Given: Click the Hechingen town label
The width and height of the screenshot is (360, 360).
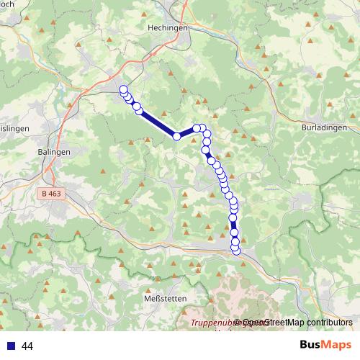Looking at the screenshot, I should click(x=167, y=27).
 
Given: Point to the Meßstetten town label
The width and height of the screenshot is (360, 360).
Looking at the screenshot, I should click(x=166, y=298).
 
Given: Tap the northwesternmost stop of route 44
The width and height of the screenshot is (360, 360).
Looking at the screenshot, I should click(x=123, y=90).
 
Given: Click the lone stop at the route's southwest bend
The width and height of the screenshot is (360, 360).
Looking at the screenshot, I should click(x=176, y=136).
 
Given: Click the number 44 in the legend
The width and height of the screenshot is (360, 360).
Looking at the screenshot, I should click(x=27, y=346).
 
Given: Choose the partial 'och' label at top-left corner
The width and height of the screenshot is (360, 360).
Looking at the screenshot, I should click(x=6, y=4).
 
